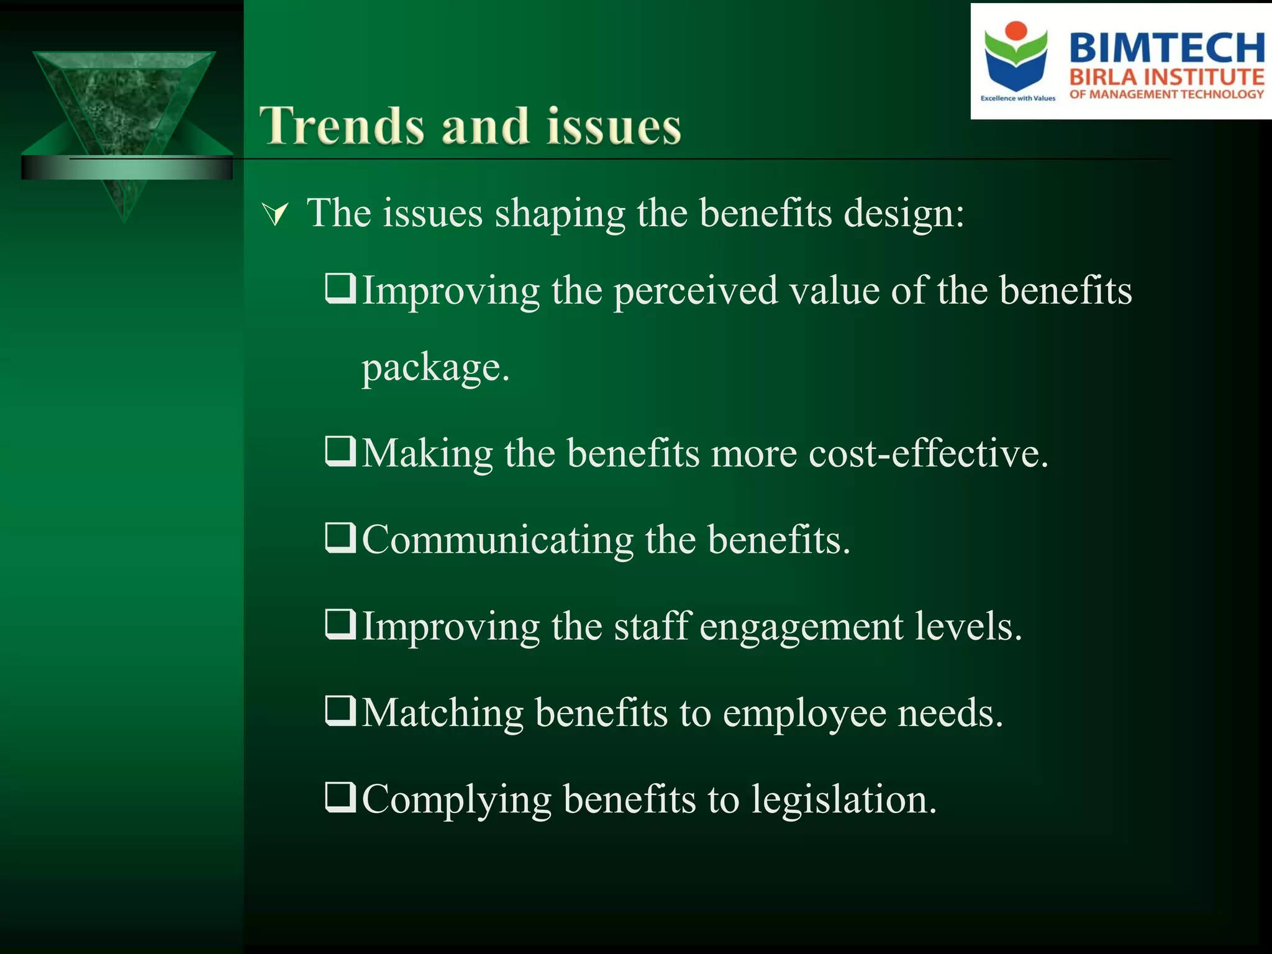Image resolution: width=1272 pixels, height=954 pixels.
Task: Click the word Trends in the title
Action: [342, 126]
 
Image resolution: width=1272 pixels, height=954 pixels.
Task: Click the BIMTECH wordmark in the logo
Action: [1166, 48]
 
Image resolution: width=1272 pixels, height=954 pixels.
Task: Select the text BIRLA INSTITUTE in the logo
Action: [1166, 78]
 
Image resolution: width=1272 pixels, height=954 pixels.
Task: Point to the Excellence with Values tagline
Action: [1017, 98]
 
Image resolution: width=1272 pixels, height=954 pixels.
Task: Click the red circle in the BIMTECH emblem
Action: [1016, 31]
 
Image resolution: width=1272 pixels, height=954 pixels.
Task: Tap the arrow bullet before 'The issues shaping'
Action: [275, 215]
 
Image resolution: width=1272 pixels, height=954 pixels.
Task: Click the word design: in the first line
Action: [904, 214]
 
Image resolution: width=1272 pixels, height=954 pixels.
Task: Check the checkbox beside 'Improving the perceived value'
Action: [340, 288]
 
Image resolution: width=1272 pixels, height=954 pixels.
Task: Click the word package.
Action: [435, 368]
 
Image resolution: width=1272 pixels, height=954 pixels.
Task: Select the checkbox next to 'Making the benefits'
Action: [340, 451]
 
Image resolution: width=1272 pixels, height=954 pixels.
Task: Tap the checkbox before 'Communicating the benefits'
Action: [340, 538]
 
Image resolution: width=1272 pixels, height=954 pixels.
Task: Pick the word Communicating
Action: [497, 540]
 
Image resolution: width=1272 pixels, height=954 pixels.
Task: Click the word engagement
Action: [801, 627]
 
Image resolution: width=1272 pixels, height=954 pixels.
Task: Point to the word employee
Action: [804, 714]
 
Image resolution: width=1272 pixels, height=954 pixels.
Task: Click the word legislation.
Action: [843, 800]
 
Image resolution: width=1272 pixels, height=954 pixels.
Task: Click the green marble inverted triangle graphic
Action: [124, 112]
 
